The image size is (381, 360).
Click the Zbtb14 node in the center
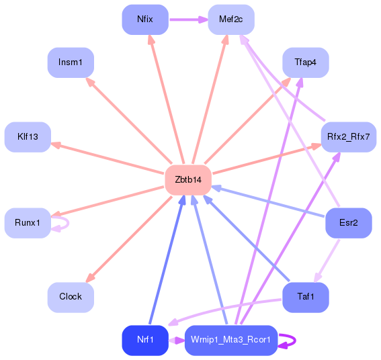(x=188, y=179)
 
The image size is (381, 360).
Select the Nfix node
(x=144, y=19)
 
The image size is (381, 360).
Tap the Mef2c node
(x=231, y=19)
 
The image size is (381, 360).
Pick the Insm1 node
(x=71, y=62)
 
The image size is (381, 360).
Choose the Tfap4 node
(x=305, y=62)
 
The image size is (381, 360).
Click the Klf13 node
(x=28, y=136)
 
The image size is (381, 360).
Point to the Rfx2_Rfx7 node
(x=348, y=136)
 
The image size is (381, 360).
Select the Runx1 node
(x=28, y=222)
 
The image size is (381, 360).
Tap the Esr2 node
(x=348, y=222)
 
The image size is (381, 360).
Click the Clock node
(x=71, y=296)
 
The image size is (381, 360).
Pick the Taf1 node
(x=305, y=296)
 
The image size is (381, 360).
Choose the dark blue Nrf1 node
(x=144, y=340)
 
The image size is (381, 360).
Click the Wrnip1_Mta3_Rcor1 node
(x=230, y=340)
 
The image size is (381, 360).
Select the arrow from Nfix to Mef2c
(x=187, y=19)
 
